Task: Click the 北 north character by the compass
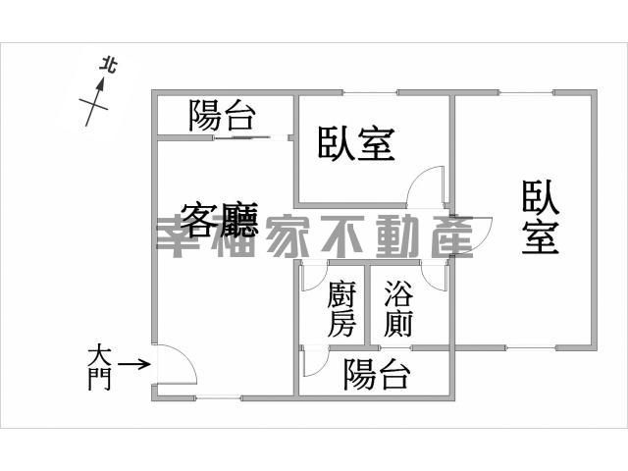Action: click(108, 66)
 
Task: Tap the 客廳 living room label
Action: click(219, 220)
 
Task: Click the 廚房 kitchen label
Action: click(341, 309)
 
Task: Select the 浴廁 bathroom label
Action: click(398, 309)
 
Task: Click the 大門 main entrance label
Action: click(99, 369)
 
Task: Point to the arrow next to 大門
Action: click(134, 364)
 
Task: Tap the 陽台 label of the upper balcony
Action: click(222, 116)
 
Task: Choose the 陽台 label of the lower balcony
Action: click(377, 375)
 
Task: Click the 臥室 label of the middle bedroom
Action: click(356, 144)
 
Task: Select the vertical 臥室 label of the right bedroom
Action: click(540, 217)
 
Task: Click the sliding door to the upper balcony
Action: click(251, 138)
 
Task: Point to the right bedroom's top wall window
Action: click(526, 93)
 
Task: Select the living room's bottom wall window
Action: click(219, 397)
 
